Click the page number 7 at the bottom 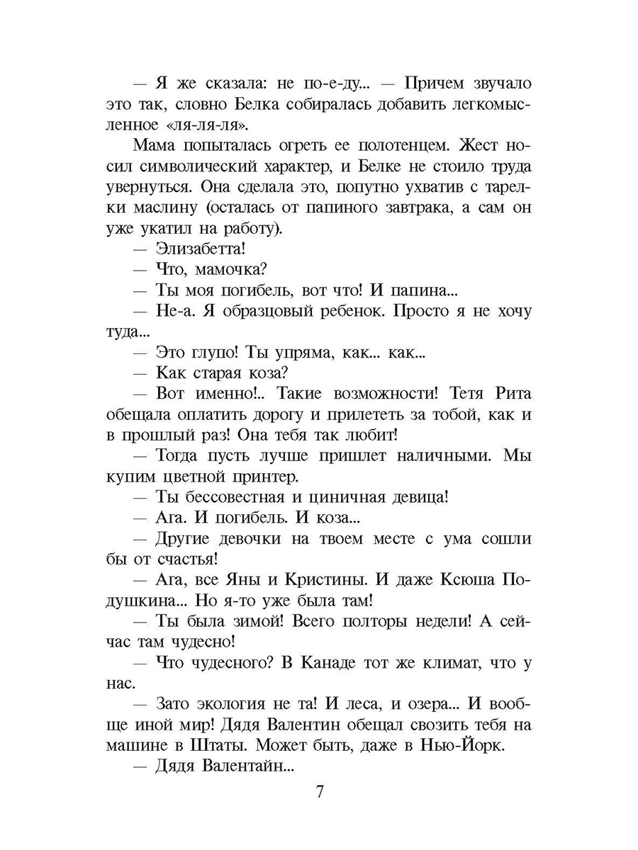pyautogui.click(x=320, y=791)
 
